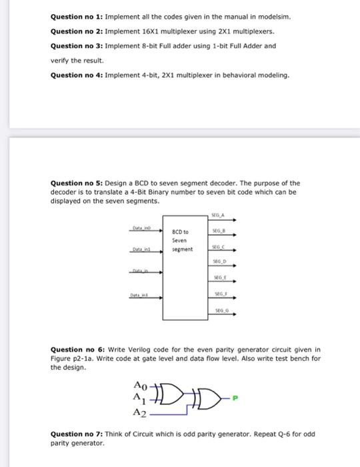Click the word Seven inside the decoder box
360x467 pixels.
pos(180,241)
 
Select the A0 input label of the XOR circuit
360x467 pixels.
pos(139,385)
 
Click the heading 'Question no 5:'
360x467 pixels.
pos(76,183)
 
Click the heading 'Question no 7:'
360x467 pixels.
pos(76,434)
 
